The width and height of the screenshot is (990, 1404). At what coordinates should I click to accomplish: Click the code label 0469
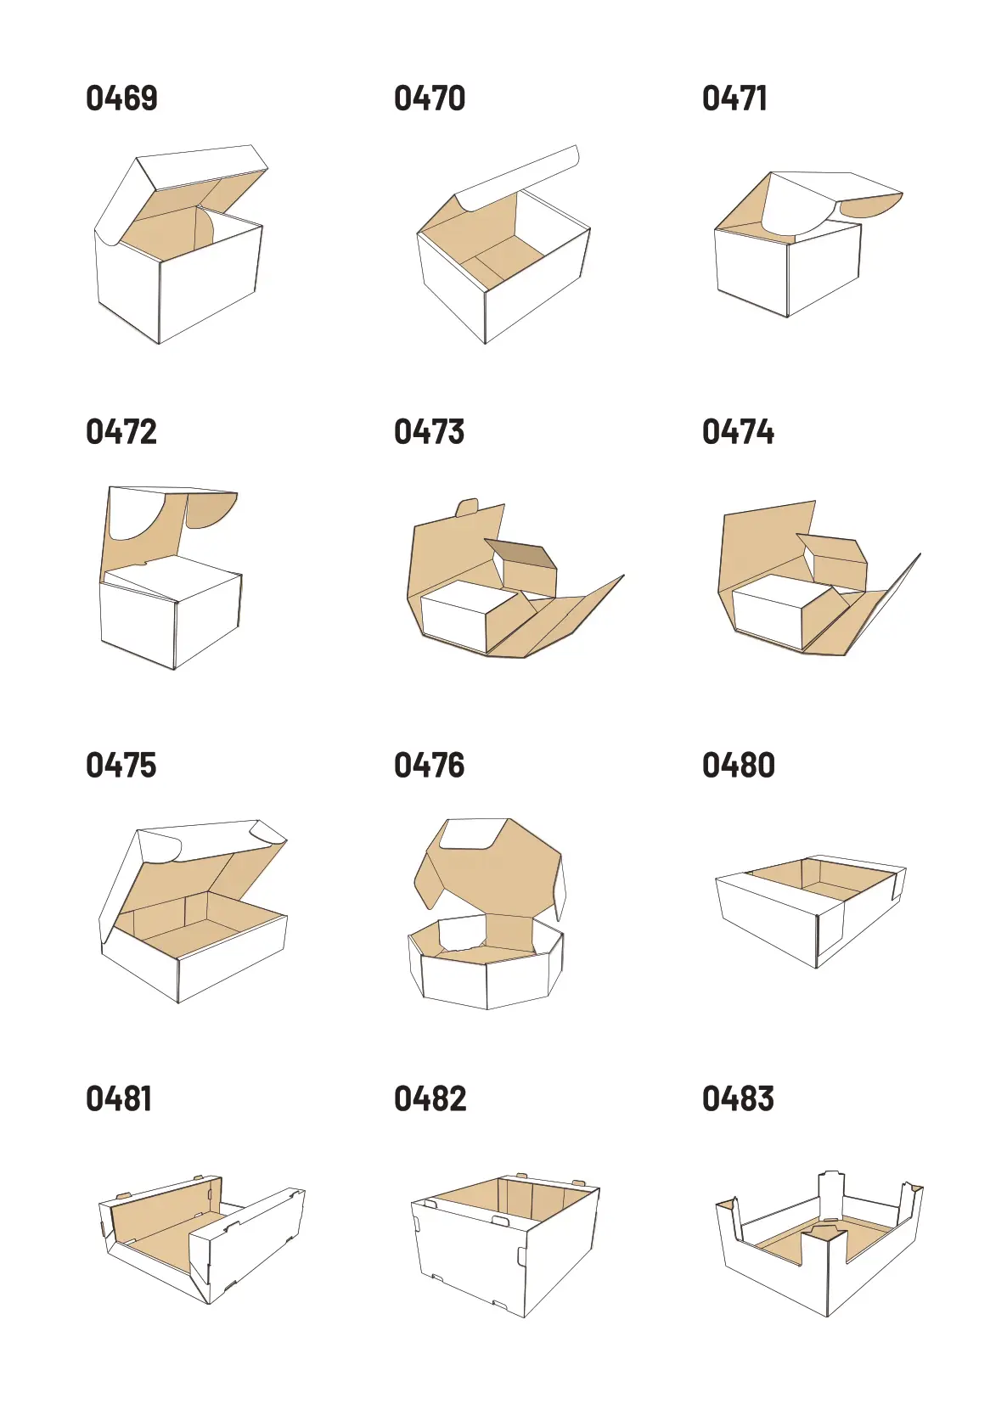click(121, 98)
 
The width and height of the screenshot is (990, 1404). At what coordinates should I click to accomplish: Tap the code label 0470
click(430, 98)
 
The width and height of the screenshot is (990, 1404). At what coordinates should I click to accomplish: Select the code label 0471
click(734, 98)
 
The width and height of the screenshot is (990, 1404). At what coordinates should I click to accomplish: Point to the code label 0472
click(121, 432)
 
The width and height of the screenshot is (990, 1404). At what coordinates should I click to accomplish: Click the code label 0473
click(429, 432)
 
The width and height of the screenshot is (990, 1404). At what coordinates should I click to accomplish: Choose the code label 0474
click(738, 432)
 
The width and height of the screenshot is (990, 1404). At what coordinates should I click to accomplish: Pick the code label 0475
click(121, 766)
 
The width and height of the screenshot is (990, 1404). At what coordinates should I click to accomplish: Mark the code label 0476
click(429, 766)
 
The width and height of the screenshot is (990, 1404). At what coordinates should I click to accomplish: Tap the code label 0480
click(739, 766)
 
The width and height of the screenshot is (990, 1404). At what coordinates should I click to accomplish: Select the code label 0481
click(119, 1098)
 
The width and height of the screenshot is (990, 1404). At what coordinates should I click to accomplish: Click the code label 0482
click(430, 1098)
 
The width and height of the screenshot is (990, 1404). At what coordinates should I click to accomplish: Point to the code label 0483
click(738, 1098)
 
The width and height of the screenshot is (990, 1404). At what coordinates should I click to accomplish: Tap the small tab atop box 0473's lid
click(468, 507)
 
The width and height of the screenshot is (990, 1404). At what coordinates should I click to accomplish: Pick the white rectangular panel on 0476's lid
click(474, 834)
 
